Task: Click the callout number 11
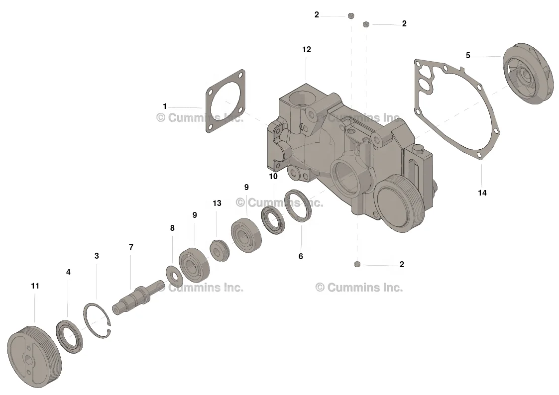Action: click(x=34, y=286)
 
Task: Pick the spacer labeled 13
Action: click(x=219, y=249)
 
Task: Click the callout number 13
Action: click(x=217, y=203)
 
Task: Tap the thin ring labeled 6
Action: click(x=298, y=204)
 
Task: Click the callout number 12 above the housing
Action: click(x=306, y=50)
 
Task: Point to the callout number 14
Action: click(x=482, y=193)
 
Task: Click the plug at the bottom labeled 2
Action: click(x=357, y=264)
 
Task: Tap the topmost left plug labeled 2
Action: click(x=350, y=16)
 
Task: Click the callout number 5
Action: click(x=467, y=56)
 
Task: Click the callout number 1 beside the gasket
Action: click(x=165, y=106)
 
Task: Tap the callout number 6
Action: click(x=301, y=257)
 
